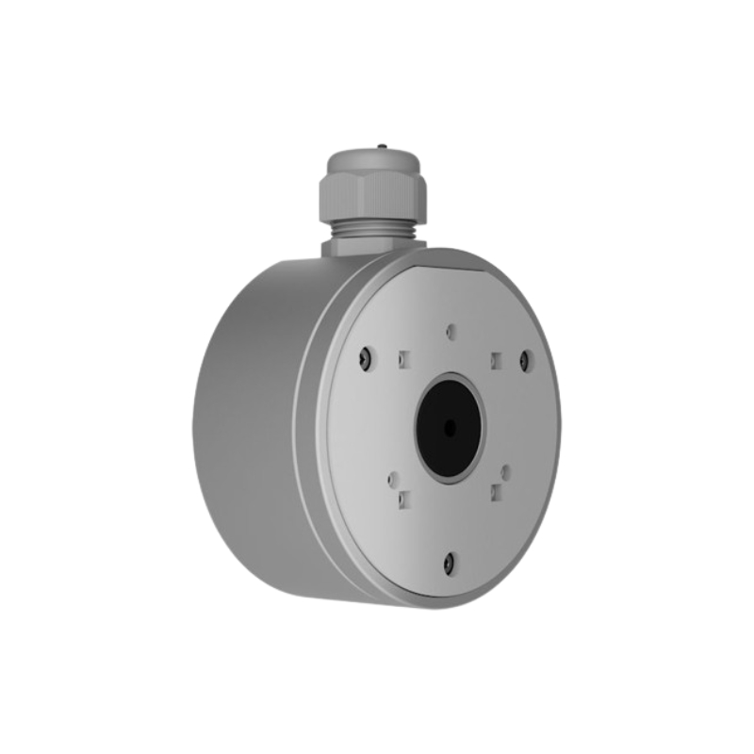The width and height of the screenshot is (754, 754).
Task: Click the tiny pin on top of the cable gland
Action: (x=380, y=147)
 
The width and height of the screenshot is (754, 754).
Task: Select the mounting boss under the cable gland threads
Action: (x=363, y=248)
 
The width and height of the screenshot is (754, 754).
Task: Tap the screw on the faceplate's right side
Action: (x=526, y=359)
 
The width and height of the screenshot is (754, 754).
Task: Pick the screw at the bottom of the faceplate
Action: (x=450, y=563)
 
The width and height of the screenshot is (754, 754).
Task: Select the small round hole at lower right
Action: (x=506, y=469)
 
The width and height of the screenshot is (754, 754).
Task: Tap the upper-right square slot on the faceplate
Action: (x=494, y=357)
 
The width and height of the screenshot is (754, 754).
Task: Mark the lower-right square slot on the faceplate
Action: (x=495, y=490)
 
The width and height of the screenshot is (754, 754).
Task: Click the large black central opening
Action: (x=449, y=427)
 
